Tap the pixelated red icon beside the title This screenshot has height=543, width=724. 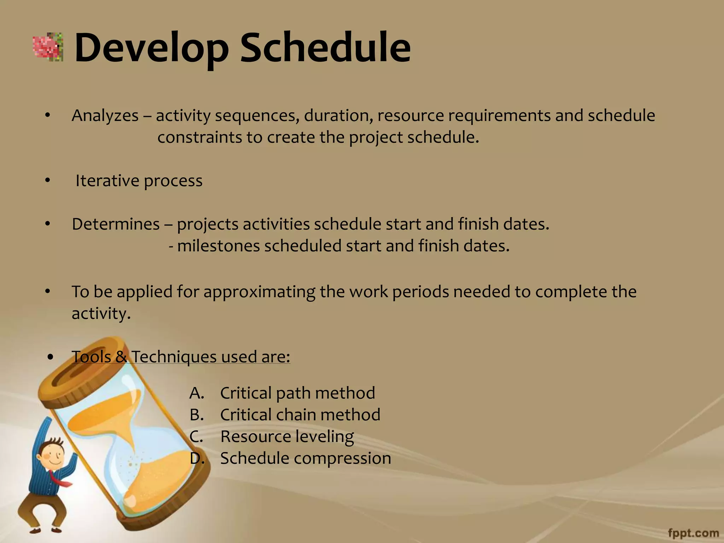(48, 47)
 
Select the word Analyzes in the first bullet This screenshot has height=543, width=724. (105, 116)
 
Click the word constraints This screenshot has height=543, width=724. (199, 138)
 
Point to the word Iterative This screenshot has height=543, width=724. (107, 181)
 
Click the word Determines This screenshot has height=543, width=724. (116, 224)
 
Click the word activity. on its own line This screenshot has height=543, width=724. (101, 314)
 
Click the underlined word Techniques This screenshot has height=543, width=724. (174, 357)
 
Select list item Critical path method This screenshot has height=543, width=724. (297, 393)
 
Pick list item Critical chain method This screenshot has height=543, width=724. (300, 415)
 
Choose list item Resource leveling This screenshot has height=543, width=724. (287, 436)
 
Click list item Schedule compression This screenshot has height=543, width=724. (305, 458)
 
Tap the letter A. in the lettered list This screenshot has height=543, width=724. (197, 393)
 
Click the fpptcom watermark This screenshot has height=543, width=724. (694, 533)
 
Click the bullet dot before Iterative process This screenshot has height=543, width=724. (48, 181)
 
